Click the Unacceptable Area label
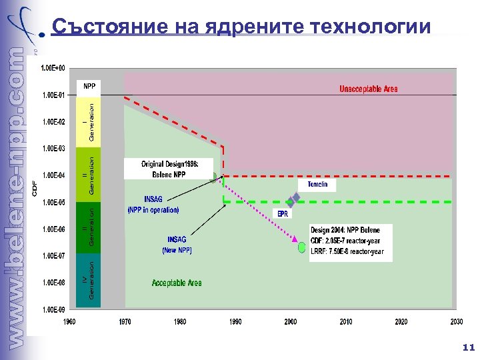[369, 89]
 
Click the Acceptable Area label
[177, 283]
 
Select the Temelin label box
[317, 185]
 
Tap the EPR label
[283, 214]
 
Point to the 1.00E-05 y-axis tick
[53, 202]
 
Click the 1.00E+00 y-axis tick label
[53, 68]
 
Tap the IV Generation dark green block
[87, 281]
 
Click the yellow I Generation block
[87, 120]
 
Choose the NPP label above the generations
[89, 87]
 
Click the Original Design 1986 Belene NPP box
[169, 169]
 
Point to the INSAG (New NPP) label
[177, 245]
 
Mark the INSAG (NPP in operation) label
[153, 204]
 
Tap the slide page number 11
[468, 347]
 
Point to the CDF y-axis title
[35, 189]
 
